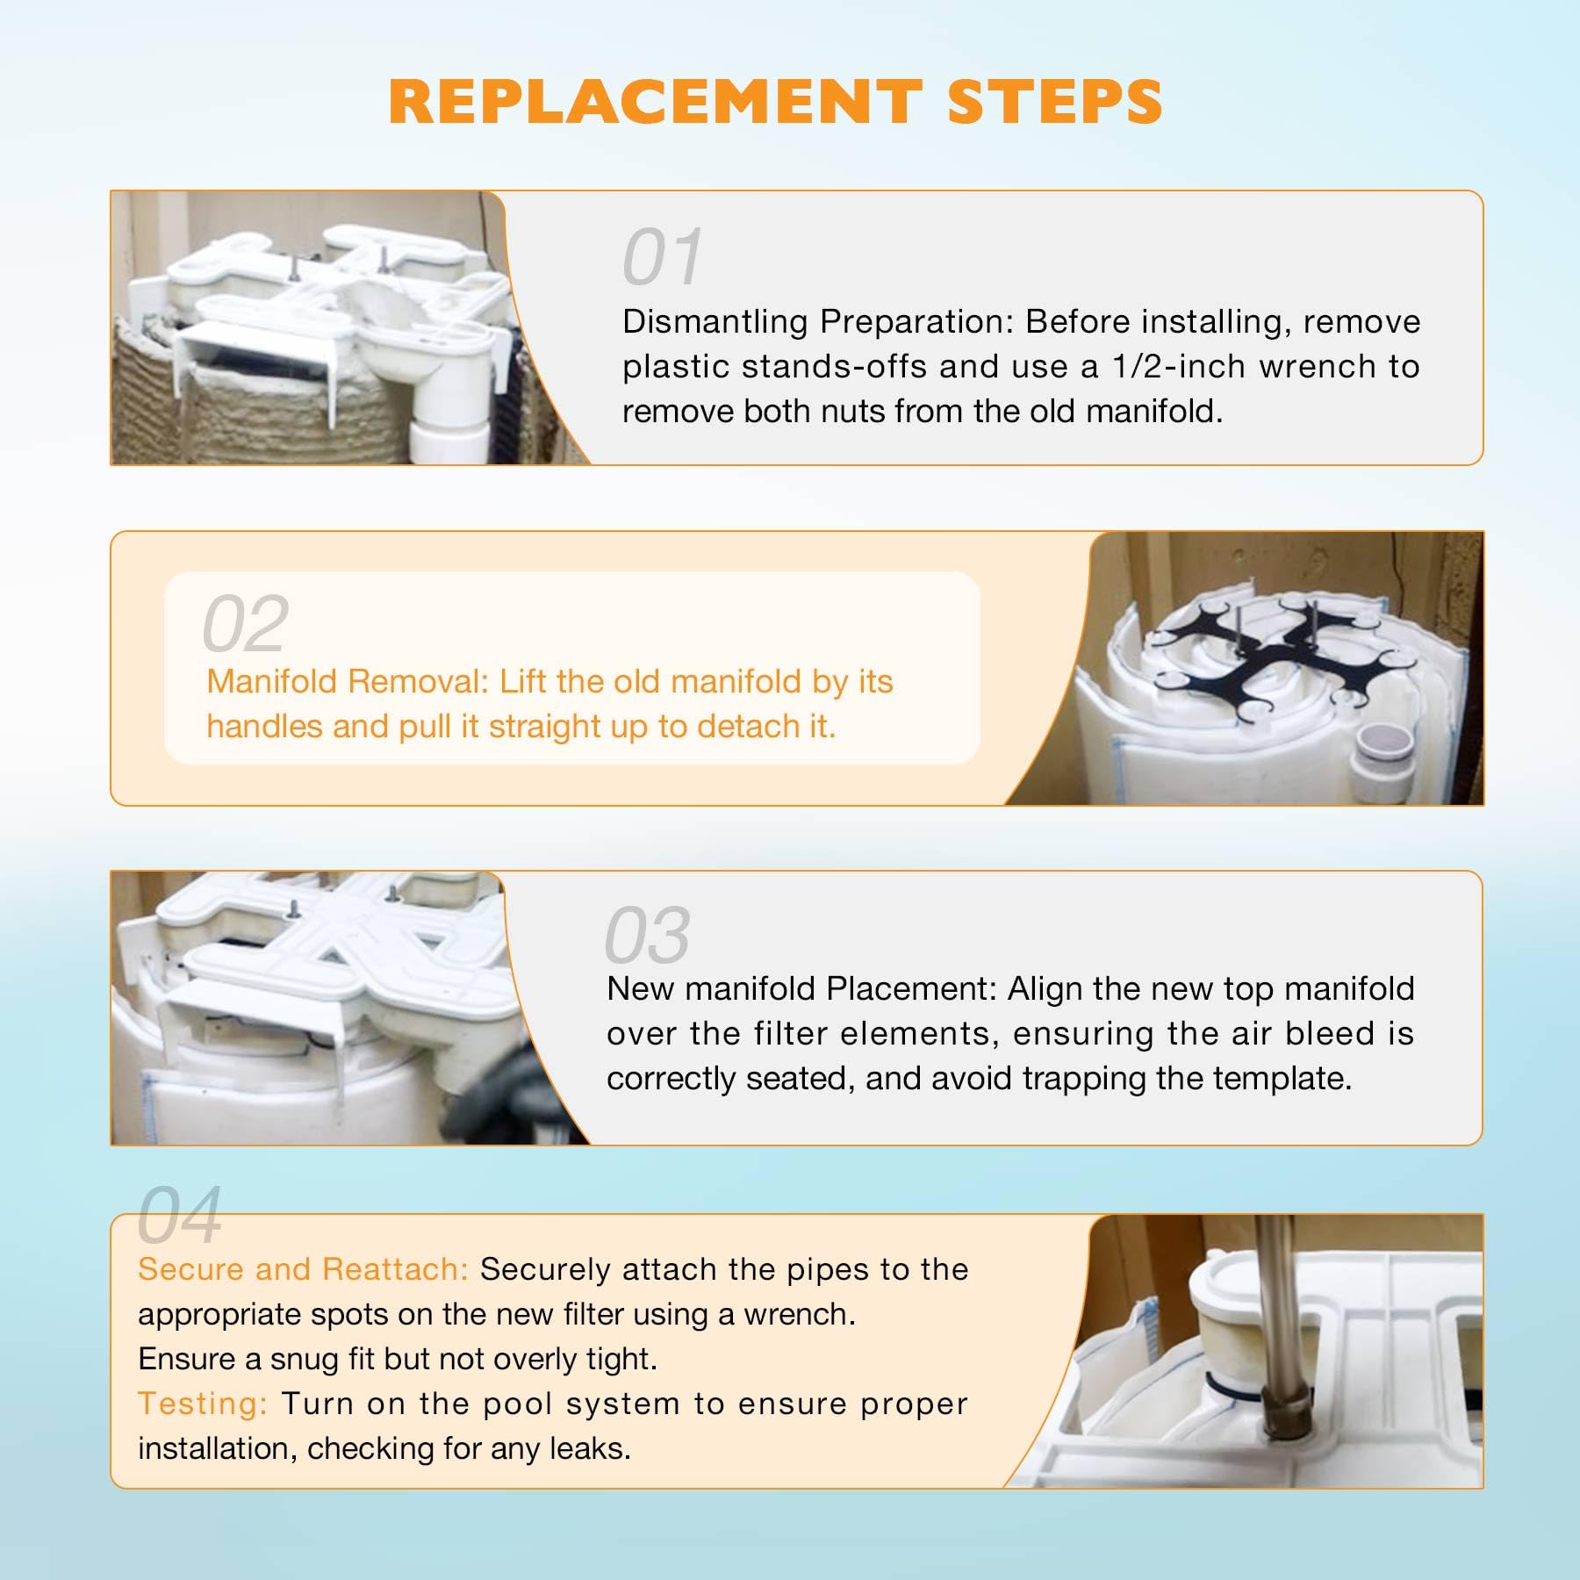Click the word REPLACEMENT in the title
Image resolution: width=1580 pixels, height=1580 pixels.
tap(655, 101)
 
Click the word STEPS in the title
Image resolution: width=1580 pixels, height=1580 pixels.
tap(1055, 101)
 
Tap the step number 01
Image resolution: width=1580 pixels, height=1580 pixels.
tap(663, 257)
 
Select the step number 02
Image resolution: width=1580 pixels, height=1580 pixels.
tap(245, 623)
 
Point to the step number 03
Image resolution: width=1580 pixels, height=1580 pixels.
tap(647, 936)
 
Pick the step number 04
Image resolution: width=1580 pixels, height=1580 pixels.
tap(179, 1216)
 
